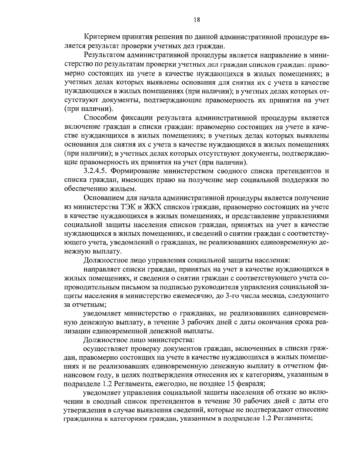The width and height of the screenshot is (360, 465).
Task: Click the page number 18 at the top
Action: pyautogui.click(x=197, y=20)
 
